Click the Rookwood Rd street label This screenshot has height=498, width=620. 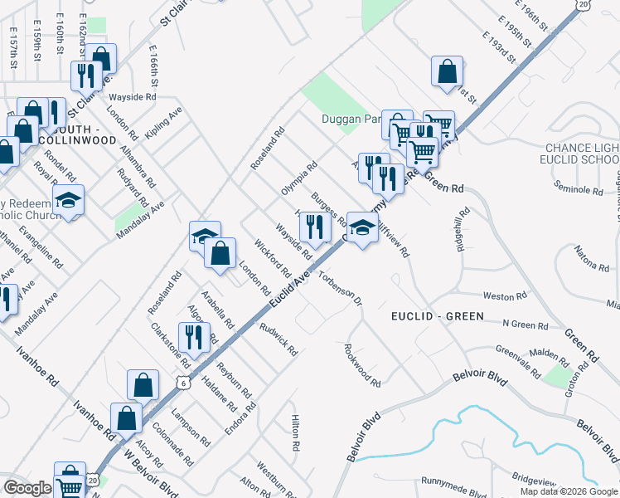(x=362, y=366)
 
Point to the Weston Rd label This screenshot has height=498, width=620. (x=505, y=296)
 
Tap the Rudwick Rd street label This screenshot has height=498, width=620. (x=279, y=339)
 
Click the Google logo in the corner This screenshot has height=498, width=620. (x=27, y=488)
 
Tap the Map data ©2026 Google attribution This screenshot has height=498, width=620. (x=568, y=491)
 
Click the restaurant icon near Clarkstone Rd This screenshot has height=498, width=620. (x=191, y=336)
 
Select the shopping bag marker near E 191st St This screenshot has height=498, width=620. (x=447, y=71)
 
